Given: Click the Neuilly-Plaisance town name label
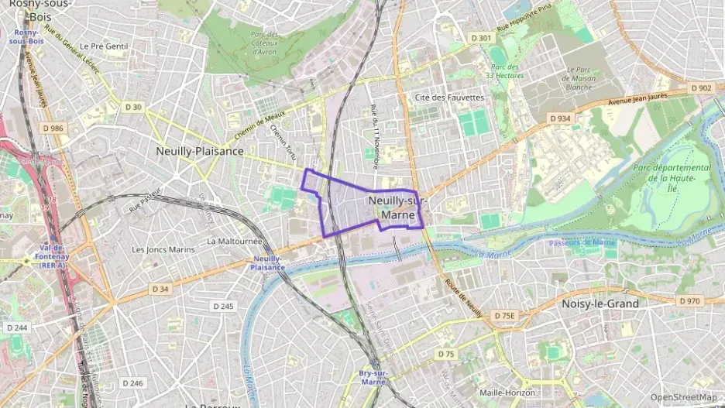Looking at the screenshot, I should point(199,151).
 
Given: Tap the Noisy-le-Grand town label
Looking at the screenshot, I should point(600,303).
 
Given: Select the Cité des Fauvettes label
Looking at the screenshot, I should point(449,98).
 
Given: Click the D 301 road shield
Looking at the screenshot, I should point(481,38).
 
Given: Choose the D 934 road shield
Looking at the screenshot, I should point(560,118).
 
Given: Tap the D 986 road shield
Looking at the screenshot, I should point(53,127).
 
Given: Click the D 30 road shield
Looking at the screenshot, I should point(133,107).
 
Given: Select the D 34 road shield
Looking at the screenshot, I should point(160,289).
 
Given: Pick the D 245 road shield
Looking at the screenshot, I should point(223,307).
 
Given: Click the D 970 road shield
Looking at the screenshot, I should point(689,300).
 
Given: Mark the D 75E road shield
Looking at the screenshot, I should point(504,315).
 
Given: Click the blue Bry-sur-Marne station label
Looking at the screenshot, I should point(373,377).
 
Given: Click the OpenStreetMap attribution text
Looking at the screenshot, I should point(683,397).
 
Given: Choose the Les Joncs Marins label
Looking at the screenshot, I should point(163,249).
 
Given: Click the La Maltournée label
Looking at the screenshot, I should point(235,241).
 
